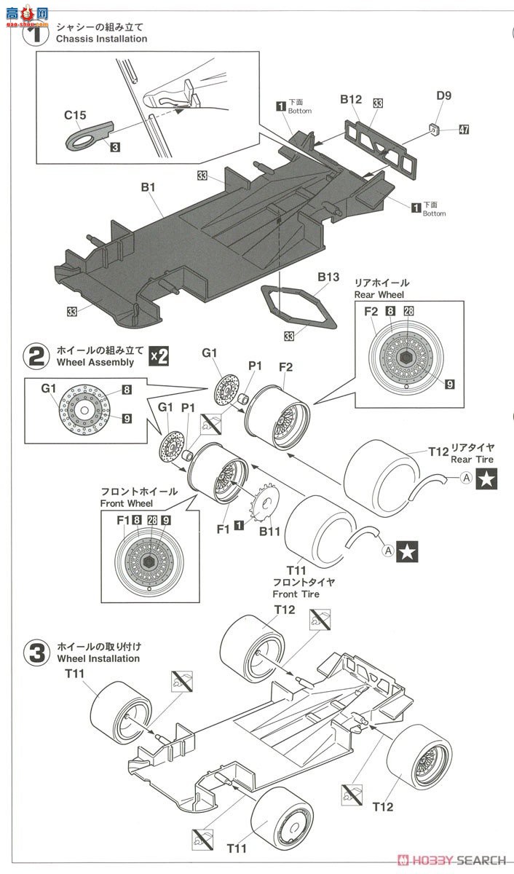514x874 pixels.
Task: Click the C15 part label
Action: coord(75,115)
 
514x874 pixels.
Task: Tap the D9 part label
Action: coord(444,95)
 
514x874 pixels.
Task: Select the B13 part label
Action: coord(328,277)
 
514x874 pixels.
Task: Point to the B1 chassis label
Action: coord(149,187)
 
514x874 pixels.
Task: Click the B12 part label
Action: coord(351,99)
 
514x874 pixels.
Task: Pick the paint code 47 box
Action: coord(464,130)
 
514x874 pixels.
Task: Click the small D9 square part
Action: coord(434,128)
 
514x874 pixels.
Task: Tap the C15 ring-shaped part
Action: coord(90,136)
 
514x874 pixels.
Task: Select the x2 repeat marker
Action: coord(159,356)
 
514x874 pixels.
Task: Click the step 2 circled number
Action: coord(36,357)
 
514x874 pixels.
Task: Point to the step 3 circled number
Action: coord(36,653)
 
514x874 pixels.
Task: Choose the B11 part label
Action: coord(270,531)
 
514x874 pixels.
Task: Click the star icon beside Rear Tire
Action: coord(487,479)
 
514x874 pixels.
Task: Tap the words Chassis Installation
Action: coord(102,39)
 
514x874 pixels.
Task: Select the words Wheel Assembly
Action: coord(95,363)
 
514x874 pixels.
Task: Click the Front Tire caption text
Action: coord(296,594)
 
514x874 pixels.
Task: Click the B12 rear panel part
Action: coord(381,150)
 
